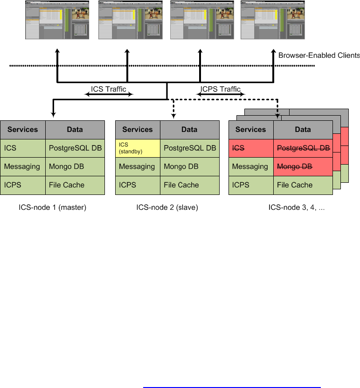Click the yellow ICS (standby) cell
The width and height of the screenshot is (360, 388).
(x=138, y=148)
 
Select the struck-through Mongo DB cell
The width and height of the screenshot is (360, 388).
(x=303, y=166)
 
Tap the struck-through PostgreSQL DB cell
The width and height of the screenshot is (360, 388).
(x=303, y=148)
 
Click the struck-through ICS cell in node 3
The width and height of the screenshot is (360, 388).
(x=251, y=148)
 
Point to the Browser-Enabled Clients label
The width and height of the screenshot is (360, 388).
(x=319, y=55)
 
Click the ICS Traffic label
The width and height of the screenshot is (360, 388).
(x=109, y=89)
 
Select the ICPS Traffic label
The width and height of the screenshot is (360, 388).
(x=221, y=89)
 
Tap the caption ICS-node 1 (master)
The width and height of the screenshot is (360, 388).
(x=53, y=208)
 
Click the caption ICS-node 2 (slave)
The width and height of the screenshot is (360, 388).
(x=167, y=208)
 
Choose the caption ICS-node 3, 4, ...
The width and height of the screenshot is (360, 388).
(x=296, y=208)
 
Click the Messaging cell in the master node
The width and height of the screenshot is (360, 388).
(x=23, y=166)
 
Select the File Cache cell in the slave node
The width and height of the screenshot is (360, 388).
(x=189, y=185)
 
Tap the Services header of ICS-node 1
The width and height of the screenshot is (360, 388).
(x=23, y=130)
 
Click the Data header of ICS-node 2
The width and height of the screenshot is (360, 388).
(x=189, y=130)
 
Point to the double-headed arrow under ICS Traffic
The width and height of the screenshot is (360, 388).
(x=109, y=95)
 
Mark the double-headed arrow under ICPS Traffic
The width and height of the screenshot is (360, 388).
(x=221, y=95)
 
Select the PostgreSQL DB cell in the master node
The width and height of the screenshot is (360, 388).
(x=75, y=148)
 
